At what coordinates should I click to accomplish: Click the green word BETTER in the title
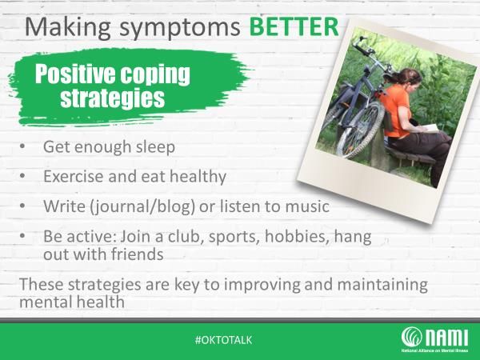[294, 27]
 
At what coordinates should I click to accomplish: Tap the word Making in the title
[67, 28]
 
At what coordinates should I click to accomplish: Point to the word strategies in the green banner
[113, 98]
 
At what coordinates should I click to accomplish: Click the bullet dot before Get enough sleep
[22, 146]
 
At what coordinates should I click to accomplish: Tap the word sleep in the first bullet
[156, 147]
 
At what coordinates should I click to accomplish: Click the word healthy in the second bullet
[198, 178]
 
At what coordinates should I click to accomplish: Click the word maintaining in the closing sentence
[382, 285]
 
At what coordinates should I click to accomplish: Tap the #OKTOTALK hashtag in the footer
[223, 340]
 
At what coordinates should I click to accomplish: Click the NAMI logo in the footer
[434, 339]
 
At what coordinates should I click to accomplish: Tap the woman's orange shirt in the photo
[394, 111]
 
